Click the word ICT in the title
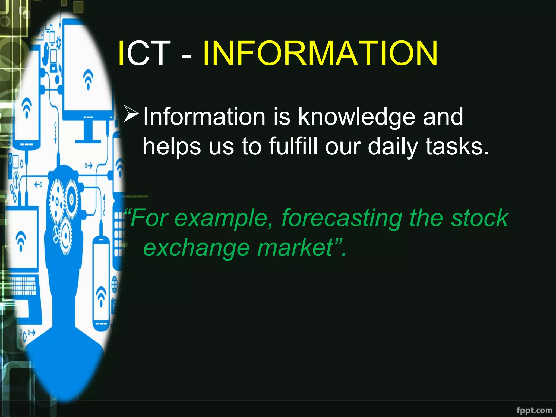point(144,53)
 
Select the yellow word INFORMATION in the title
point(320,53)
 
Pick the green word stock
point(479,218)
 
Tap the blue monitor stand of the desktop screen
point(88,133)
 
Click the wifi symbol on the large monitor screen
point(88,79)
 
